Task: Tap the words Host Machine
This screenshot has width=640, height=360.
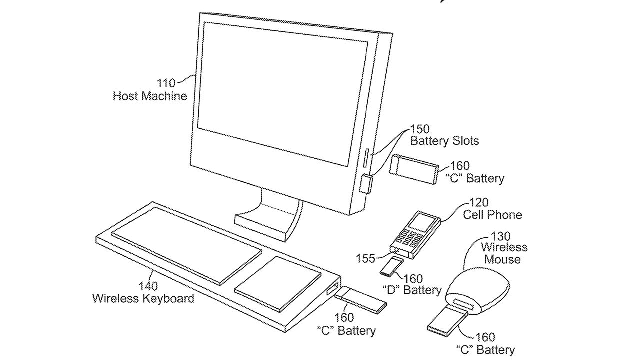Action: point(150,96)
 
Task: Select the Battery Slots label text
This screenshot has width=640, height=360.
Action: point(444,141)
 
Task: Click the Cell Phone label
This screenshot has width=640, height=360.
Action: point(492,215)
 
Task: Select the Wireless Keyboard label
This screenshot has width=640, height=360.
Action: point(143,299)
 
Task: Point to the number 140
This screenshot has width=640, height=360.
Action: point(148,286)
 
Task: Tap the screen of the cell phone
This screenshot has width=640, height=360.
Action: point(423,221)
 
